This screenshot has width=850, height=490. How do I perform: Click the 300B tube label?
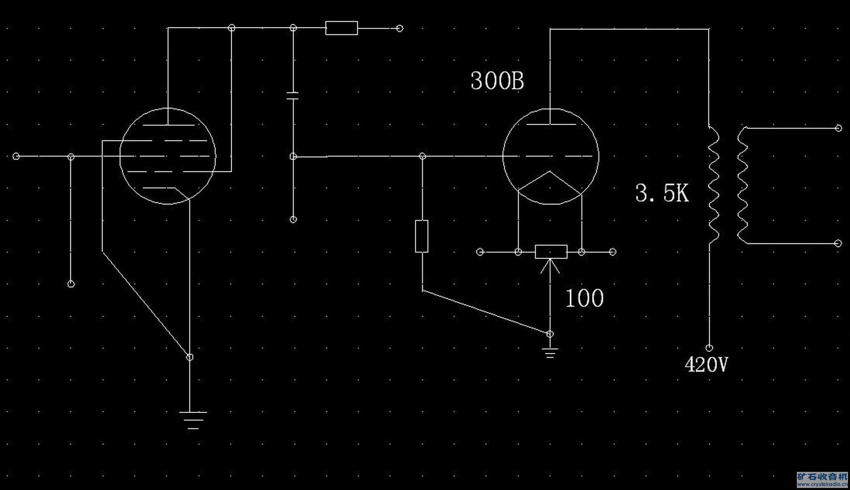[497, 81]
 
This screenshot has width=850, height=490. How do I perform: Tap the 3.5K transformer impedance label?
[662, 193]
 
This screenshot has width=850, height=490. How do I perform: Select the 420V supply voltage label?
[706, 365]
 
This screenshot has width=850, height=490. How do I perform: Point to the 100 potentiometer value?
[585, 298]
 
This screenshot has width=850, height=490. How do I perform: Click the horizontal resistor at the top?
[342, 28]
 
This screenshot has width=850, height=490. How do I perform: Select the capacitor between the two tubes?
[293, 96]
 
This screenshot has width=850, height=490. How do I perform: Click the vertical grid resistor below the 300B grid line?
[422, 236]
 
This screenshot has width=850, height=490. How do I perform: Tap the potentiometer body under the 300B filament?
[551, 252]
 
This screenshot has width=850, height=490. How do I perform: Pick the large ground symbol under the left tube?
[193, 420]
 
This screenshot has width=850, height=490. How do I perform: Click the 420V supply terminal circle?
[709, 348]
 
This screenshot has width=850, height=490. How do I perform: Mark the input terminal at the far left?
[16, 156]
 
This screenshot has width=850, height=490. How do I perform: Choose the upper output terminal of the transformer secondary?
[838, 128]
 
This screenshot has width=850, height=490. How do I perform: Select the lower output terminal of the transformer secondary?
[838, 244]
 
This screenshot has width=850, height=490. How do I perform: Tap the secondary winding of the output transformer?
[742, 186]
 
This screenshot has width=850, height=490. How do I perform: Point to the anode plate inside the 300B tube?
[551, 124]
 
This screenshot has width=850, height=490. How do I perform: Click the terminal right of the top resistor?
[400, 28]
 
